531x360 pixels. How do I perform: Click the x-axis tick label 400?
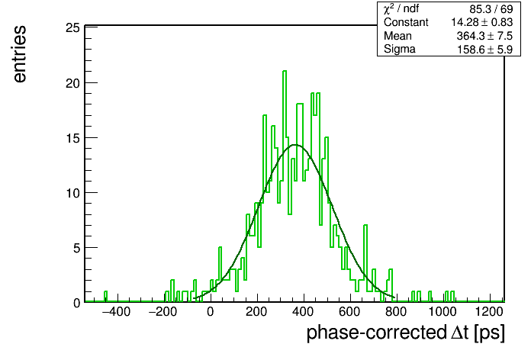[x=304, y=312]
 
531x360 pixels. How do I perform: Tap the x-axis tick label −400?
[x=116, y=312]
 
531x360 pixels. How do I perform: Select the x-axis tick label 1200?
[x=489, y=312]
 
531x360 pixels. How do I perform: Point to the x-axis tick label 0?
[x=211, y=312]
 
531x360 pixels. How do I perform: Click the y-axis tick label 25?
[x=73, y=27]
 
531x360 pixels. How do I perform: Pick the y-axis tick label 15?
[x=73, y=138]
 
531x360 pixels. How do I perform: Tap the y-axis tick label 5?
[x=76, y=248]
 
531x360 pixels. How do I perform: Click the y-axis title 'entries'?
[x=20, y=54]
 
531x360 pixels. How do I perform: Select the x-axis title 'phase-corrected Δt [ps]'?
[x=406, y=333]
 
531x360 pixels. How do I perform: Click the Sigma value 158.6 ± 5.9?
[x=484, y=50]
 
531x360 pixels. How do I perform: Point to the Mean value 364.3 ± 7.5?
[x=484, y=36]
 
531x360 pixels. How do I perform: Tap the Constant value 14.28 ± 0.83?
[x=481, y=22]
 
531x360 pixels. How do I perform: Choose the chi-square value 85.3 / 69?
[x=491, y=9]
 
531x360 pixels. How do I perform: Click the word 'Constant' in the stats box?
[x=406, y=22]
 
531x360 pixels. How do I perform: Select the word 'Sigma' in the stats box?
[x=400, y=50]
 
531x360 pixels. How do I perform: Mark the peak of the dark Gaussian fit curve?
[x=295, y=145]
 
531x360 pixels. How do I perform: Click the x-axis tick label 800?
[x=396, y=312]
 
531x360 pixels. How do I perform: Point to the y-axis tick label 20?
[x=73, y=83]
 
